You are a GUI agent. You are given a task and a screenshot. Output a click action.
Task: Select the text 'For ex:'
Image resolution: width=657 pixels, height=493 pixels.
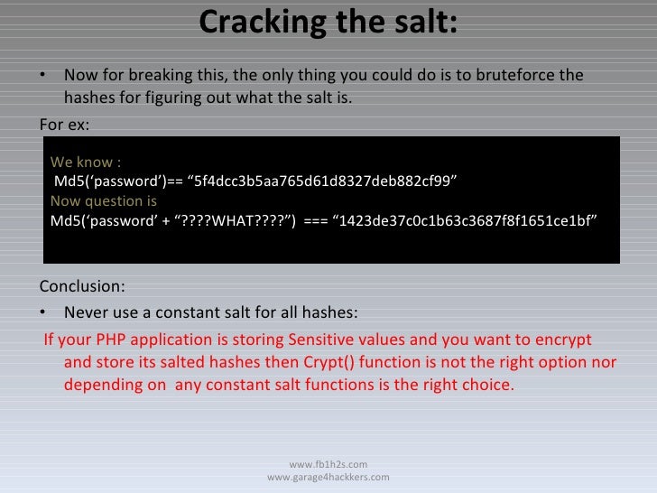66,122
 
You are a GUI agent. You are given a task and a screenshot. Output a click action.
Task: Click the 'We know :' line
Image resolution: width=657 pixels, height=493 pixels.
86,163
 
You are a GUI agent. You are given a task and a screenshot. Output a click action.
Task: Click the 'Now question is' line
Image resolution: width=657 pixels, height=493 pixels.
104,200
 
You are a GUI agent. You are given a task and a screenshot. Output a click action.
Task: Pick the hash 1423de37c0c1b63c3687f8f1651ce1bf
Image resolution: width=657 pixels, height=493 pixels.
466,220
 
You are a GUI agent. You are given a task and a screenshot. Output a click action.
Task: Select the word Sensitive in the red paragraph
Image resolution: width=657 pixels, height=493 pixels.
323,340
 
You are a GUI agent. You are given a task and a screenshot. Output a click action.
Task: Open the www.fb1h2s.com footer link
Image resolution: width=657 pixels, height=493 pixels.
328,463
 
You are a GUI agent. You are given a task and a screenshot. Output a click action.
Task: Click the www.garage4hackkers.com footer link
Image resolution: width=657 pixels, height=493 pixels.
328,477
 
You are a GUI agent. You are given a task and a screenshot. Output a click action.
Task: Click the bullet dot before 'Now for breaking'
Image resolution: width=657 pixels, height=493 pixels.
46,76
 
